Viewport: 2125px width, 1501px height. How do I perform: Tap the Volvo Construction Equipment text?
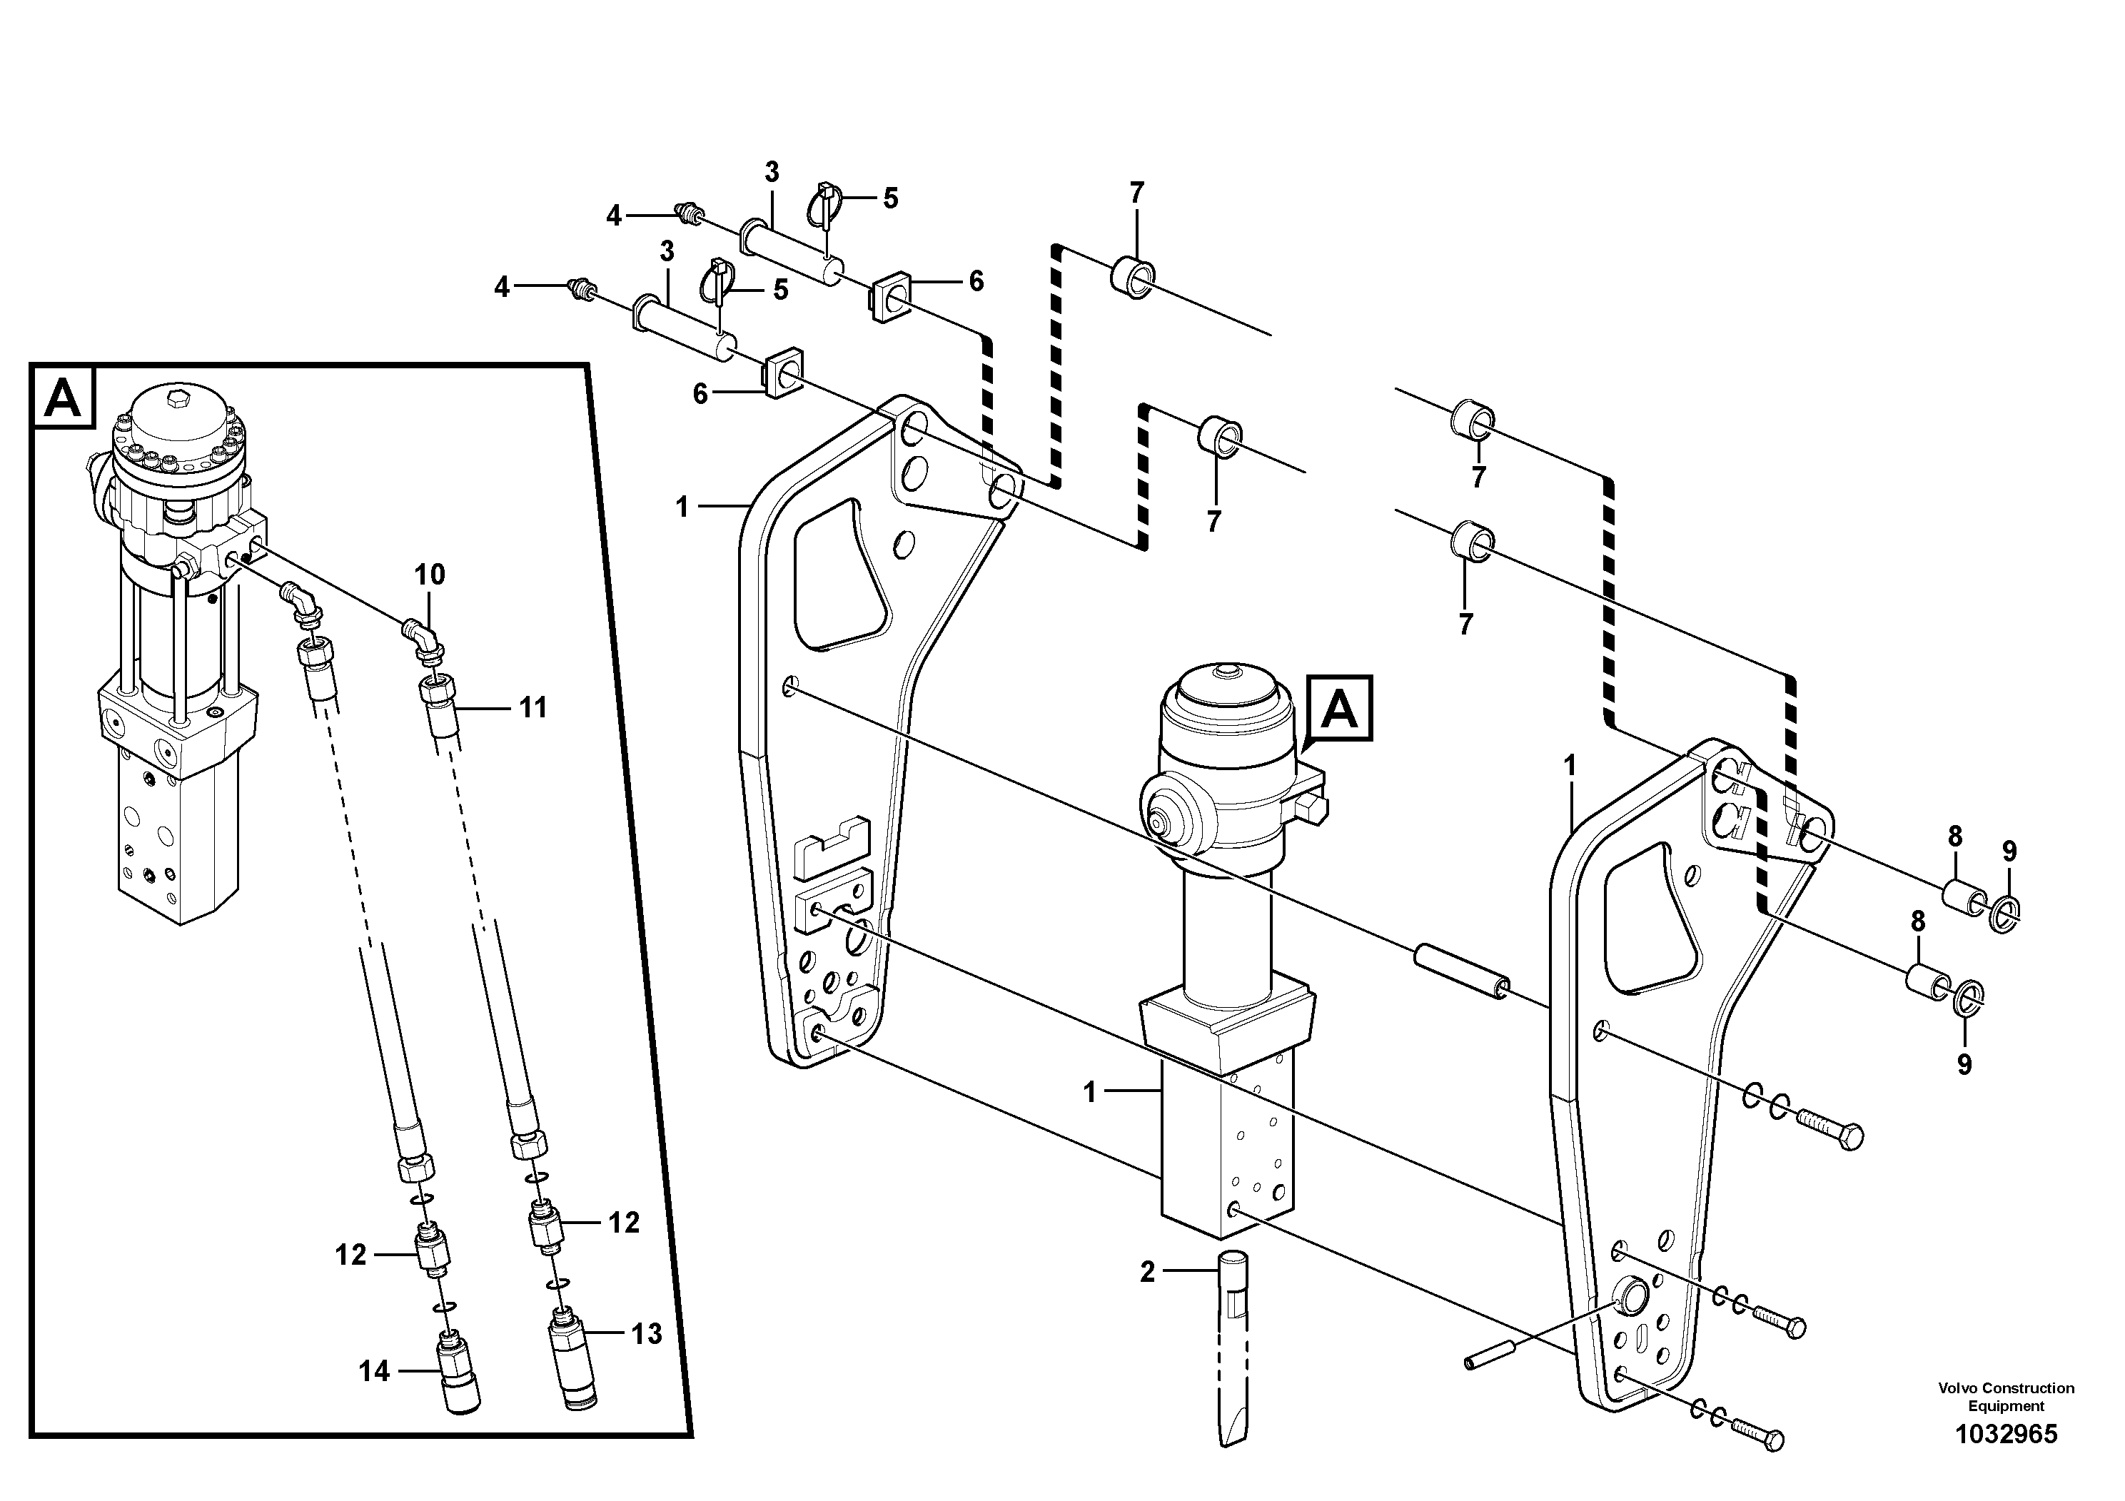coord(2006,1396)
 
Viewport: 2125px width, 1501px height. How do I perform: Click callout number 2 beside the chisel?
coord(1148,1273)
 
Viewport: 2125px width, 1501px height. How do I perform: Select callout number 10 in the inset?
coord(430,575)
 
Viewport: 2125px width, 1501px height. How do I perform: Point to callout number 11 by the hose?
coord(532,708)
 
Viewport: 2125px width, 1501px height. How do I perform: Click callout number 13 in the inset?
coord(647,1333)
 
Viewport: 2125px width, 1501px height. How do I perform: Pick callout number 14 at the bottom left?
coord(374,1371)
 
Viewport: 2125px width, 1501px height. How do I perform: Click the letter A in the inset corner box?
coord(63,399)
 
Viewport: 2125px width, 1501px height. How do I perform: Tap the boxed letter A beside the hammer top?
coord(1340,709)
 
